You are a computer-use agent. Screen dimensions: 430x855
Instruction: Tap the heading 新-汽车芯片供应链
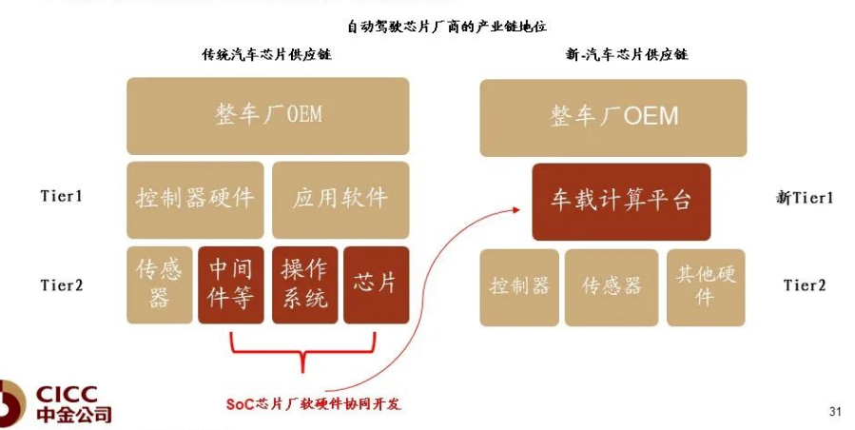tap(626, 55)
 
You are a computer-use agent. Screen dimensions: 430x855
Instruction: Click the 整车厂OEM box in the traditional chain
tap(268, 116)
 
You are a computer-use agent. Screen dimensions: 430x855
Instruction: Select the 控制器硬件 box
tap(195, 199)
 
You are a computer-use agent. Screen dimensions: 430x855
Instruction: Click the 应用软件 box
tap(340, 199)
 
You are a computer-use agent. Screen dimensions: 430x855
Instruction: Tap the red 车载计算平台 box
tap(621, 202)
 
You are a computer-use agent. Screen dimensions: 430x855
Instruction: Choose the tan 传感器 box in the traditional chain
tap(159, 285)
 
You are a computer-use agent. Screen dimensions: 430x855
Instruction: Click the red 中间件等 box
tap(231, 285)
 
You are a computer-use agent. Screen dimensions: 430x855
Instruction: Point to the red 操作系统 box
tap(304, 285)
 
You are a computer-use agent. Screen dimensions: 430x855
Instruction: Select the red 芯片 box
tap(376, 285)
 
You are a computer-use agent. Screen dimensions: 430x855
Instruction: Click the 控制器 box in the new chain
tap(519, 287)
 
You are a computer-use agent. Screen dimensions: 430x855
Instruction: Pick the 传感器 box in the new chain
tap(612, 287)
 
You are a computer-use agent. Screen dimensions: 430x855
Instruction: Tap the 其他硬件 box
tap(705, 287)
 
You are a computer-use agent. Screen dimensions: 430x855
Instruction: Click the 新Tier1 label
tap(805, 198)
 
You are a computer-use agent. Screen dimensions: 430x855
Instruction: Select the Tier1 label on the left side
tap(62, 197)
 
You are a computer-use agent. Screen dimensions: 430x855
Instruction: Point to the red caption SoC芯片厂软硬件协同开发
tap(314, 404)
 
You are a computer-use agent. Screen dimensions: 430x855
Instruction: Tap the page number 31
tap(836, 412)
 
